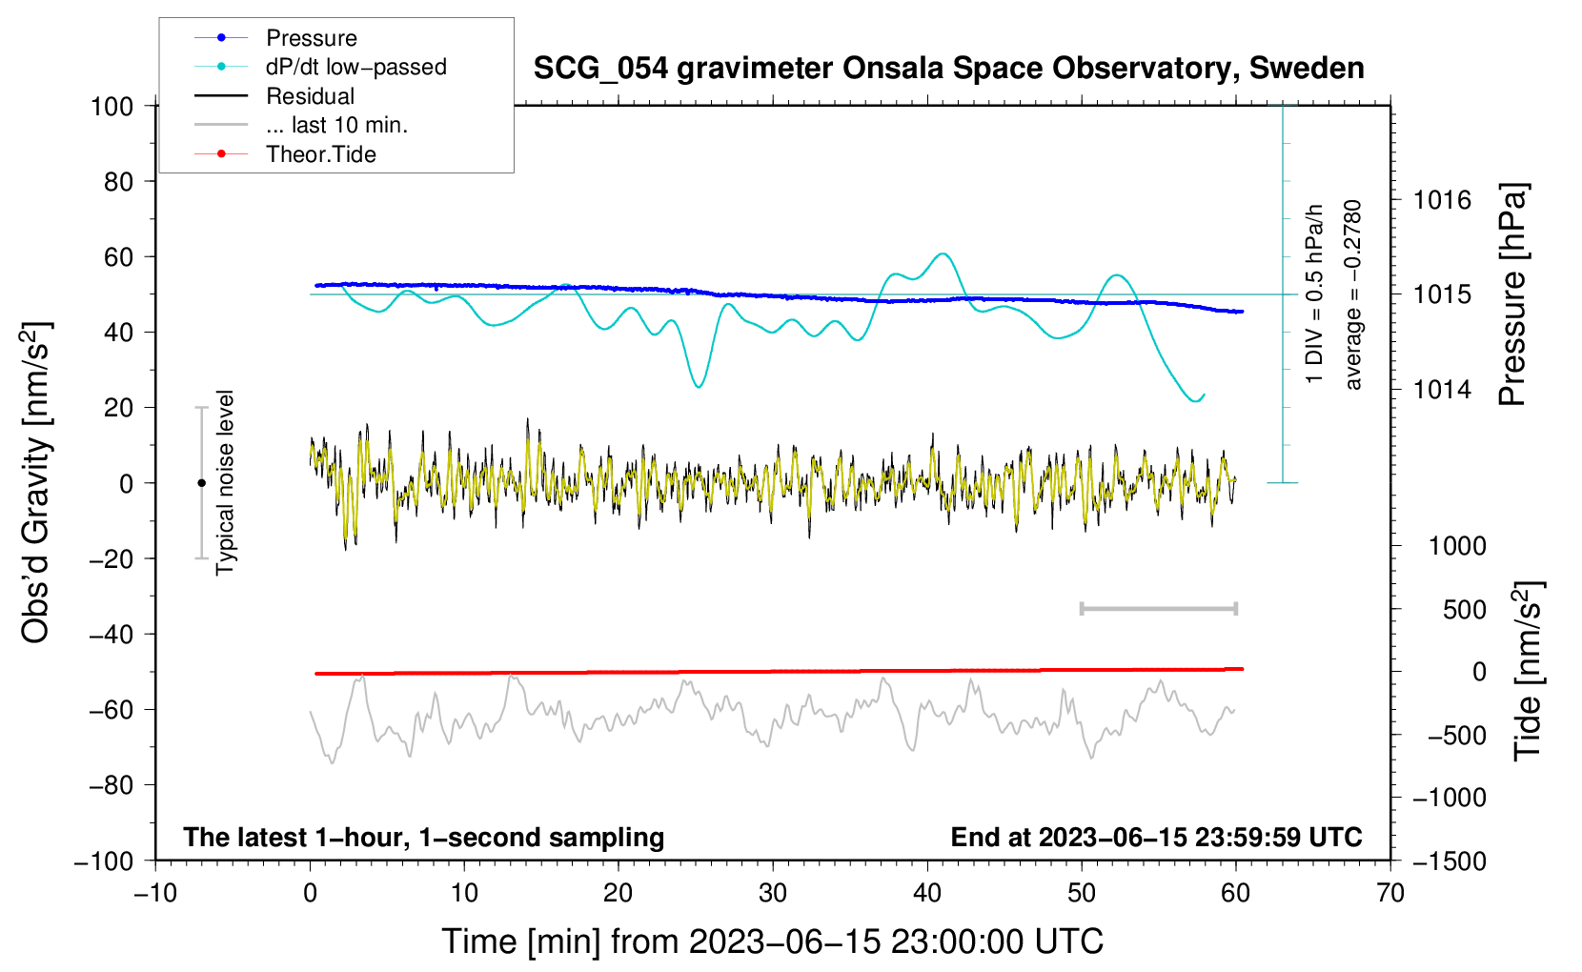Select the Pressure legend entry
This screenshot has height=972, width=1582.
tap(275, 37)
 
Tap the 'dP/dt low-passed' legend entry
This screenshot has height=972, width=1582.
tap(320, 67)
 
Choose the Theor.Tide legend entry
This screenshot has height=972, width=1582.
tap(285, 154)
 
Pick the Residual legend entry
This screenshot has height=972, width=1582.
tap(274, 96)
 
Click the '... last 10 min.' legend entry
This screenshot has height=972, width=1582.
tap(301, 125)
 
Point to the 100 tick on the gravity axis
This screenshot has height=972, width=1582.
tap(112, 107)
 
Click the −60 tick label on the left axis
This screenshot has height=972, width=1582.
tap(111, 710)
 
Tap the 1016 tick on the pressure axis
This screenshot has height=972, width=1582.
tap(1442, 201)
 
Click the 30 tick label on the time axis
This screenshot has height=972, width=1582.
tap(773, 894)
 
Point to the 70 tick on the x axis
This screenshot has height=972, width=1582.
tap(1389, 894)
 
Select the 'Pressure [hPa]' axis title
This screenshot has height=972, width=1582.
tap(1513, 294)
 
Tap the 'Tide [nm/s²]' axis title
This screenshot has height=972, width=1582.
tap(1529, 672)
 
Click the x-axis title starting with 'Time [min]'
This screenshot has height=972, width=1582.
tap(773, 942)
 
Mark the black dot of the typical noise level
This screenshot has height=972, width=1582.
tap(201, 483)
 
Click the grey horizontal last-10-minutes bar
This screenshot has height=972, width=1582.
tap(1158, 609)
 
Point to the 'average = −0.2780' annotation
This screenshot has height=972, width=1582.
tap(1352, 294)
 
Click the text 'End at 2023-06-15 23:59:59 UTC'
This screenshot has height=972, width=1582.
tap(1156, 837)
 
